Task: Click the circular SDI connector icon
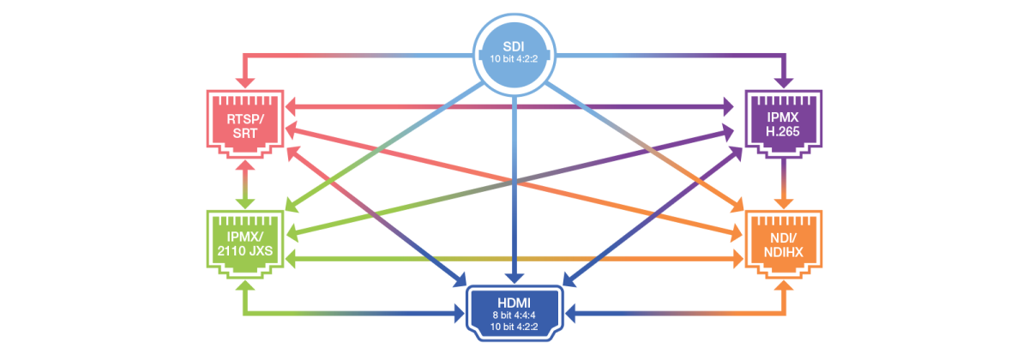click(514, 54)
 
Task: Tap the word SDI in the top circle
click(514, 45)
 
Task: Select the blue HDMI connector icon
click(514, 315)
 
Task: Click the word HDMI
click(514, 303)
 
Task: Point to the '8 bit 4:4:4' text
click(514, 315)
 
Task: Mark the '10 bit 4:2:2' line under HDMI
click(514, 327)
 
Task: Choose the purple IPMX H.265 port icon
click(783, 125)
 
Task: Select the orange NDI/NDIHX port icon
click(783, 244)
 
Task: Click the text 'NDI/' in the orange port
click(783, 236)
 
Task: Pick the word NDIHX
click(783, 250)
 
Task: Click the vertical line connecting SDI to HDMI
click(514, 189)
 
